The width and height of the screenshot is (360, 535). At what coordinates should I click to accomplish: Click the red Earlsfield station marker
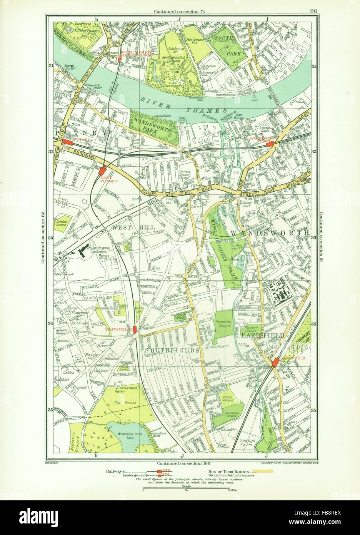pyautogui.click(x=275, y=363)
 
